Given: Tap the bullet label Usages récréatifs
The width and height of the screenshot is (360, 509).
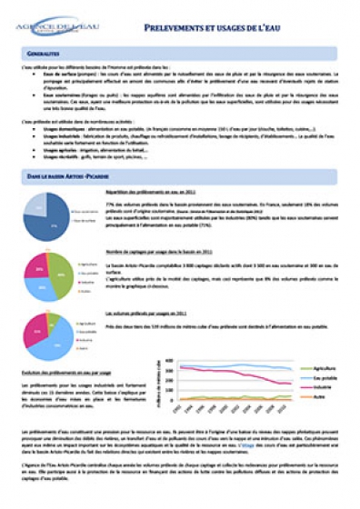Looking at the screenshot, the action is click(x=56, y=155).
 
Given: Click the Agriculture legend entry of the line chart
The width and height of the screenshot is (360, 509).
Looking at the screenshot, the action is click(x=325, y=368).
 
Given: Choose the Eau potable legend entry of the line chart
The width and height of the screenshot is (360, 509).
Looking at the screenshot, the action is click(x=325, y=377).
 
